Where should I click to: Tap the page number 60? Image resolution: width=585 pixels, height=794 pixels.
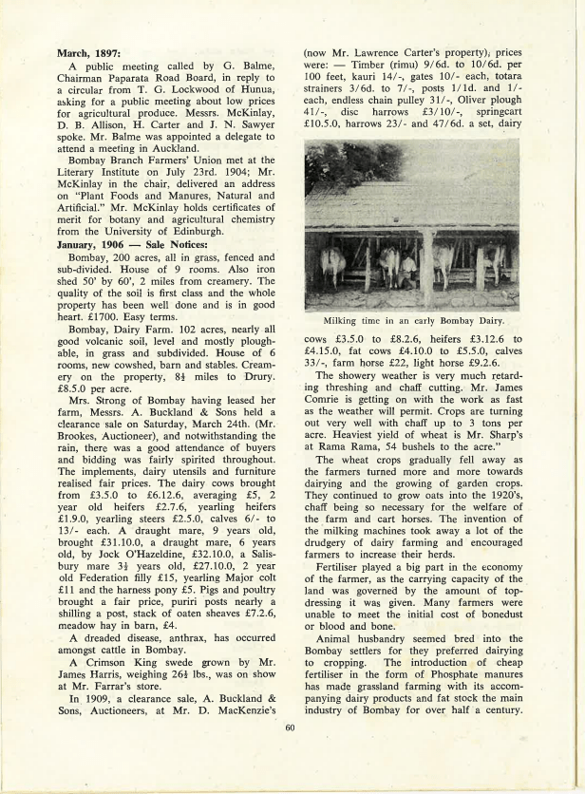click(292, 729)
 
